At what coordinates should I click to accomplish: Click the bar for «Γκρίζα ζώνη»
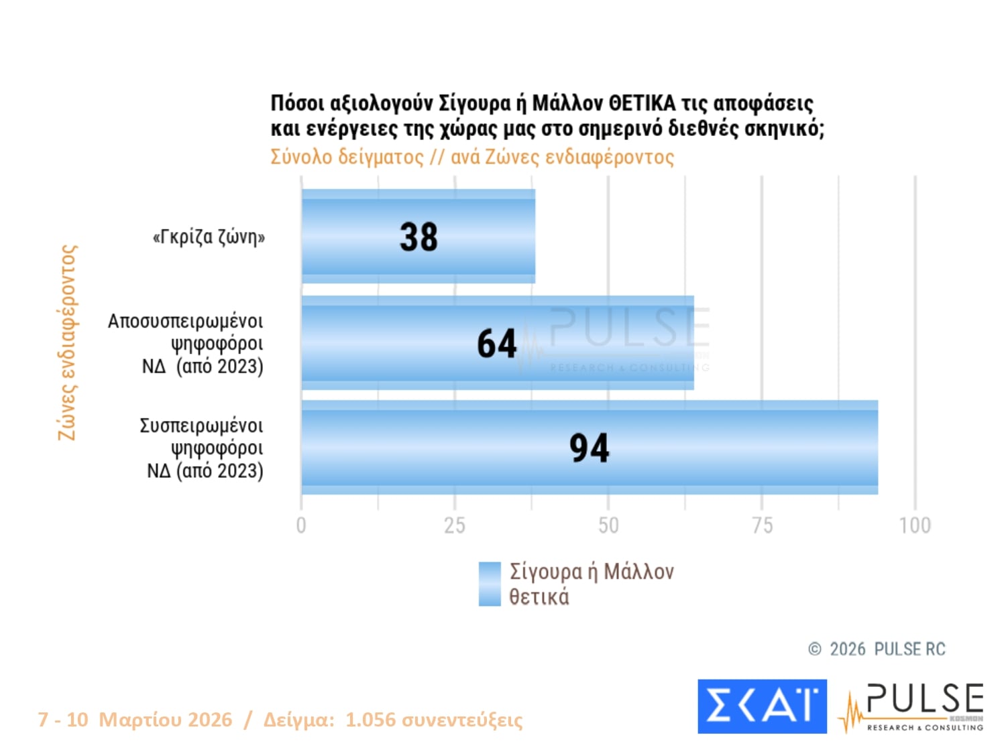pos(349,236)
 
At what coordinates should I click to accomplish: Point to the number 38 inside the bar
pos(418,237)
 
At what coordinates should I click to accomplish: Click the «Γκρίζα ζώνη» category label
pos(209,237)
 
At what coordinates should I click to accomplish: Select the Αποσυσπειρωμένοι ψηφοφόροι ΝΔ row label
pos(186,344)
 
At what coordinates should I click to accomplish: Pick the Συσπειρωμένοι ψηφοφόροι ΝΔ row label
pos(201,448)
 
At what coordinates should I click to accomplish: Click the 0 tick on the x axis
pos(301,525)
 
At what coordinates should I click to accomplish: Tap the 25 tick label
pos(455,525)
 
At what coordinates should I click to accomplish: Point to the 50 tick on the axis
pos(608,525)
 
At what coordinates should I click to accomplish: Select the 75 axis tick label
pos(762,525)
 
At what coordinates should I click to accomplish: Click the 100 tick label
pos(915,525)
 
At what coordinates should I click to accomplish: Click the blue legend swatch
pos(490,584)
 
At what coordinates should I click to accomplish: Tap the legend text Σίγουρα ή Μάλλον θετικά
pos(591,584)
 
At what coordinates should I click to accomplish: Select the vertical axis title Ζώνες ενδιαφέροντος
pos(67,342)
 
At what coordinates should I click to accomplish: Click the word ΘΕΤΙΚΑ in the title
pos(641,104)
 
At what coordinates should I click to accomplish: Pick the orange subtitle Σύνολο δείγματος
pos(347,157)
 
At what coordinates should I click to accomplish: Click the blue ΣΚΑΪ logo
pos(762,706)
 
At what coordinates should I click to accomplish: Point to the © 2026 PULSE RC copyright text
pos(877,649)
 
